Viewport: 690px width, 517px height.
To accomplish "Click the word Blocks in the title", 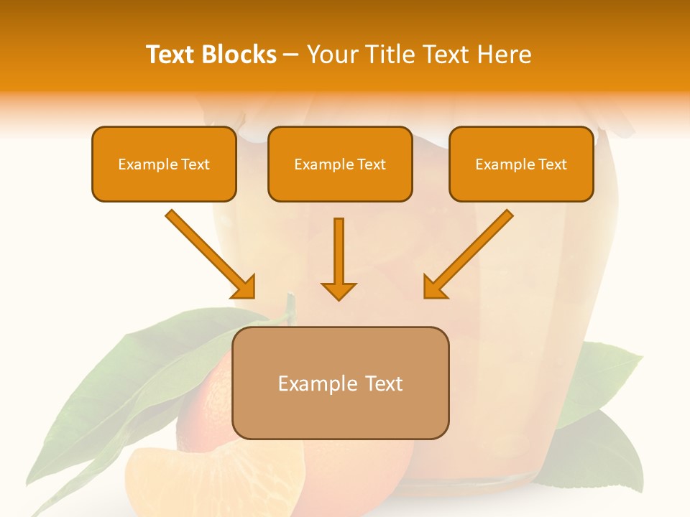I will (x=239, y=55).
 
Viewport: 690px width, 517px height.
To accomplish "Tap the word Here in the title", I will (x=505, y=55).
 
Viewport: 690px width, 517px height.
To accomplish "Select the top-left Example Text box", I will (x=164, y=164).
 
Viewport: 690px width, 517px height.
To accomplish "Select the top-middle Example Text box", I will (x=340, y=164).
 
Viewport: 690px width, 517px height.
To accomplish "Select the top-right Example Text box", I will (x=521, y=164).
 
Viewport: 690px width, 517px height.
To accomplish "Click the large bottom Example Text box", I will (x=341, y=383).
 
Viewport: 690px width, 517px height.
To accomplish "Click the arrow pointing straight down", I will (x=339, y=258).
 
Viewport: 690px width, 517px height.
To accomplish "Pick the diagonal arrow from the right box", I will (x=469, y=253).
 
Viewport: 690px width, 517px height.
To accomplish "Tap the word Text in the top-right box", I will (x=553, y=164).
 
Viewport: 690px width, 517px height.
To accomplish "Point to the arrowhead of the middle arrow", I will (x=339, y=290).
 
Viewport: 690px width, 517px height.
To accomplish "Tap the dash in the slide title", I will (x=291, y=55).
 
